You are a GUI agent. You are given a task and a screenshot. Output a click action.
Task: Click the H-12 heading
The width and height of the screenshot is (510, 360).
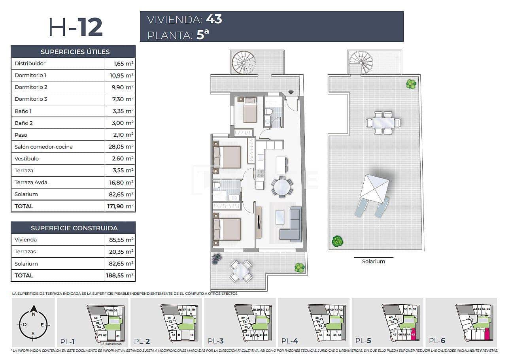pyautogui.click(x=75, y=27)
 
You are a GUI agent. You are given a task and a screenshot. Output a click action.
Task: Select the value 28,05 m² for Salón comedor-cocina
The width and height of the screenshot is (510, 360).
pyautogui.click(x=120, y=147)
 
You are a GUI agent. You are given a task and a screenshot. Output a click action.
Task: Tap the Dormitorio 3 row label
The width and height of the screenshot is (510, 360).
pyautogui.click(x=31, y=99)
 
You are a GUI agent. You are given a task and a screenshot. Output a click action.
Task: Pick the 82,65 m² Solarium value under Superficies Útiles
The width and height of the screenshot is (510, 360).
pyautogui.click(x=120, y=194)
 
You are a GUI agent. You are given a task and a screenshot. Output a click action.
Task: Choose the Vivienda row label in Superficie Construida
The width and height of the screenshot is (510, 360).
pyautogui.click(x=26, y=239)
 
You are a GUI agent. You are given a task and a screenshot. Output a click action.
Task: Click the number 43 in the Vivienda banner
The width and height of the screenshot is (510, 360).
pyautogui.click(x=214, y=19)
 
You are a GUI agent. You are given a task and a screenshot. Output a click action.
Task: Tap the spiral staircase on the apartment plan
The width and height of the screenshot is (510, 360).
pyautogui.click(x=243, y=62)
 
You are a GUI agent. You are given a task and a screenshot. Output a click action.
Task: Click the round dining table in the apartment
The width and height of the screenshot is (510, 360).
pyautogui.click(x=282, y=187)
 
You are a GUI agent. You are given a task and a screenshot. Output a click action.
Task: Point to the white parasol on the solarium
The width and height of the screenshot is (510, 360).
pyautogui.click(x=374, y=188)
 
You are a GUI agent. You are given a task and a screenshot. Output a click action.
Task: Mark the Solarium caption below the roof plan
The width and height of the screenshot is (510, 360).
pyautogui.click(x=373, y=261)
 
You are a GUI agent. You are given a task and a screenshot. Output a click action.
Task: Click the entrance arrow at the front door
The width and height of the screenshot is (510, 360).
pyautogui.click(x=291, y=92)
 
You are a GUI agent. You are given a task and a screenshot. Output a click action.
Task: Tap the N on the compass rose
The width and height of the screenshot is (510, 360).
pyautogui.click(x=34, y=314)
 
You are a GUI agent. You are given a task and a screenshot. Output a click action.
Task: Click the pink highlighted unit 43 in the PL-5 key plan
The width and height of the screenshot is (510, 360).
pyautogui.click(x=413, y=334)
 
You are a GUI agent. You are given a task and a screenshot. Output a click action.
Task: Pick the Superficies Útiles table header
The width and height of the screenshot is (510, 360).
pyautogui.click(x=75, y=52)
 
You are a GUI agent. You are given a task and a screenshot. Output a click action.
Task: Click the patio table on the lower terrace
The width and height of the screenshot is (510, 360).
pyautogui.click(x=241, y=271)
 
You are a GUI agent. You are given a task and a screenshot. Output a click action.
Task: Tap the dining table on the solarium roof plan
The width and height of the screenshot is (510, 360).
pyautogui.click(x=383, y=123)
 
